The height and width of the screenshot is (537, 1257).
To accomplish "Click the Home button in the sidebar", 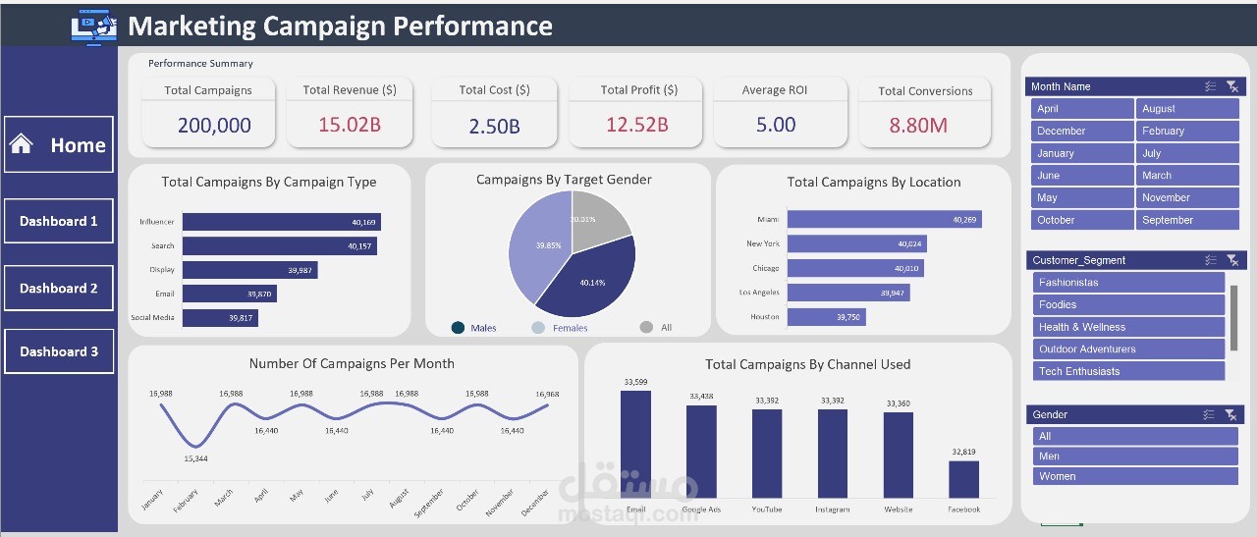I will [59, 145].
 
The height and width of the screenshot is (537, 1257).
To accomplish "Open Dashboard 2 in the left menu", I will [59, 289].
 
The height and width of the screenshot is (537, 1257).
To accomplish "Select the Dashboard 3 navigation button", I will [59, 351].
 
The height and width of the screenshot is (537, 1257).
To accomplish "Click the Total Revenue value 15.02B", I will [349, 125].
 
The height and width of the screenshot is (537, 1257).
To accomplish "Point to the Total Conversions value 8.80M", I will [918, 126].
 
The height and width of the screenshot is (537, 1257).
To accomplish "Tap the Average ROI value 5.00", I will [776, 125].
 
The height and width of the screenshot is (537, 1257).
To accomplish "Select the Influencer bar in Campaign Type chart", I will [280, 222].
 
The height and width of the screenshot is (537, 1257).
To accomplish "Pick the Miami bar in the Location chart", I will [883, 220].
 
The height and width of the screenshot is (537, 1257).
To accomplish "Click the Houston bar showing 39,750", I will [825, 317].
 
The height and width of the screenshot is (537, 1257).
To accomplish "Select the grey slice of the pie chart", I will [597, 216].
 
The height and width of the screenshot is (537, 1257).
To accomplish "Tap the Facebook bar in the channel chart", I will [963, 479].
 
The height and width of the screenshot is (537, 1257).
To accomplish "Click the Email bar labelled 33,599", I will [635, 444].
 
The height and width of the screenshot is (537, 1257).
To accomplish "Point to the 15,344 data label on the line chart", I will [195, 458].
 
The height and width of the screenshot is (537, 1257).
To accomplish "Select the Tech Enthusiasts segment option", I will [1127, 371].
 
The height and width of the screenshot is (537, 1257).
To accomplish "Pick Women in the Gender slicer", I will [1132, 476].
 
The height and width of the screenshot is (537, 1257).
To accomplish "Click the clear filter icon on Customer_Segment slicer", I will [1232, 260].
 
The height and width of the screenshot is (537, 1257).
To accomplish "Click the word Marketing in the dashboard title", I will [189, 26].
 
